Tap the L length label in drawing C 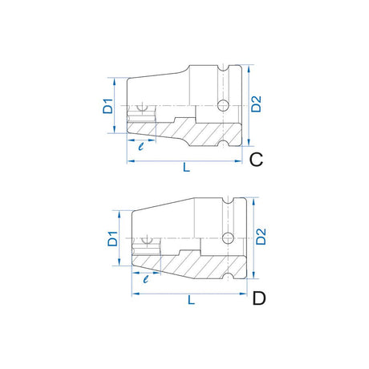pyautogui.click(x=186, y=167)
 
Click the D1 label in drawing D pyautogui.click(x=113, y=238)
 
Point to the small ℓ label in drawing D pyautogui.click(x=145, y=279)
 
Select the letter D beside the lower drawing pyautogui.click(x=259, y=299)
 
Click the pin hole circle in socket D pyautogui.click(x=228, y=237)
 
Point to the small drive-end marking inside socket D pyautogui.click(x=149, y=238)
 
